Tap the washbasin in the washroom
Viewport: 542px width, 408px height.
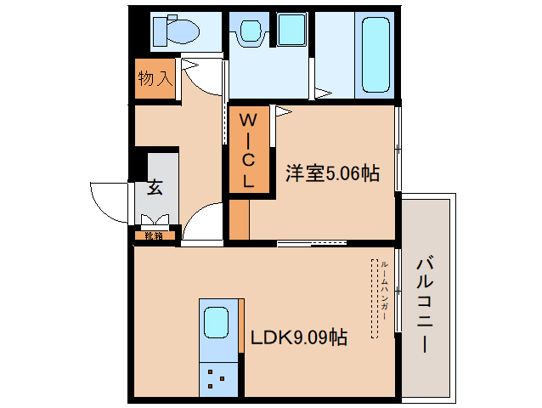click(x=250, y=32)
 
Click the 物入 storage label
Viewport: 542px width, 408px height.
click(x=155, y=80)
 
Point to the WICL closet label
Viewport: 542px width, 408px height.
click(x=248, y=150)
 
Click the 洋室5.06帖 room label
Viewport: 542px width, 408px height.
click(x=331, y=174)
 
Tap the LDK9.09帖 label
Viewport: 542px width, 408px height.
click(x=297, y=337)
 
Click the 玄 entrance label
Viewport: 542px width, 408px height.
click(x=155, y=187)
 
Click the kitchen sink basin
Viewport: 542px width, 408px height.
click(x=215, y=322)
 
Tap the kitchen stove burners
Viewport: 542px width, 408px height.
click(x=215, y=377)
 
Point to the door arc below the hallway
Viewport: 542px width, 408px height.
click(x=200, y=223)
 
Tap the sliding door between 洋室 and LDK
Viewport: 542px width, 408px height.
click(x=311, y=244)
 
